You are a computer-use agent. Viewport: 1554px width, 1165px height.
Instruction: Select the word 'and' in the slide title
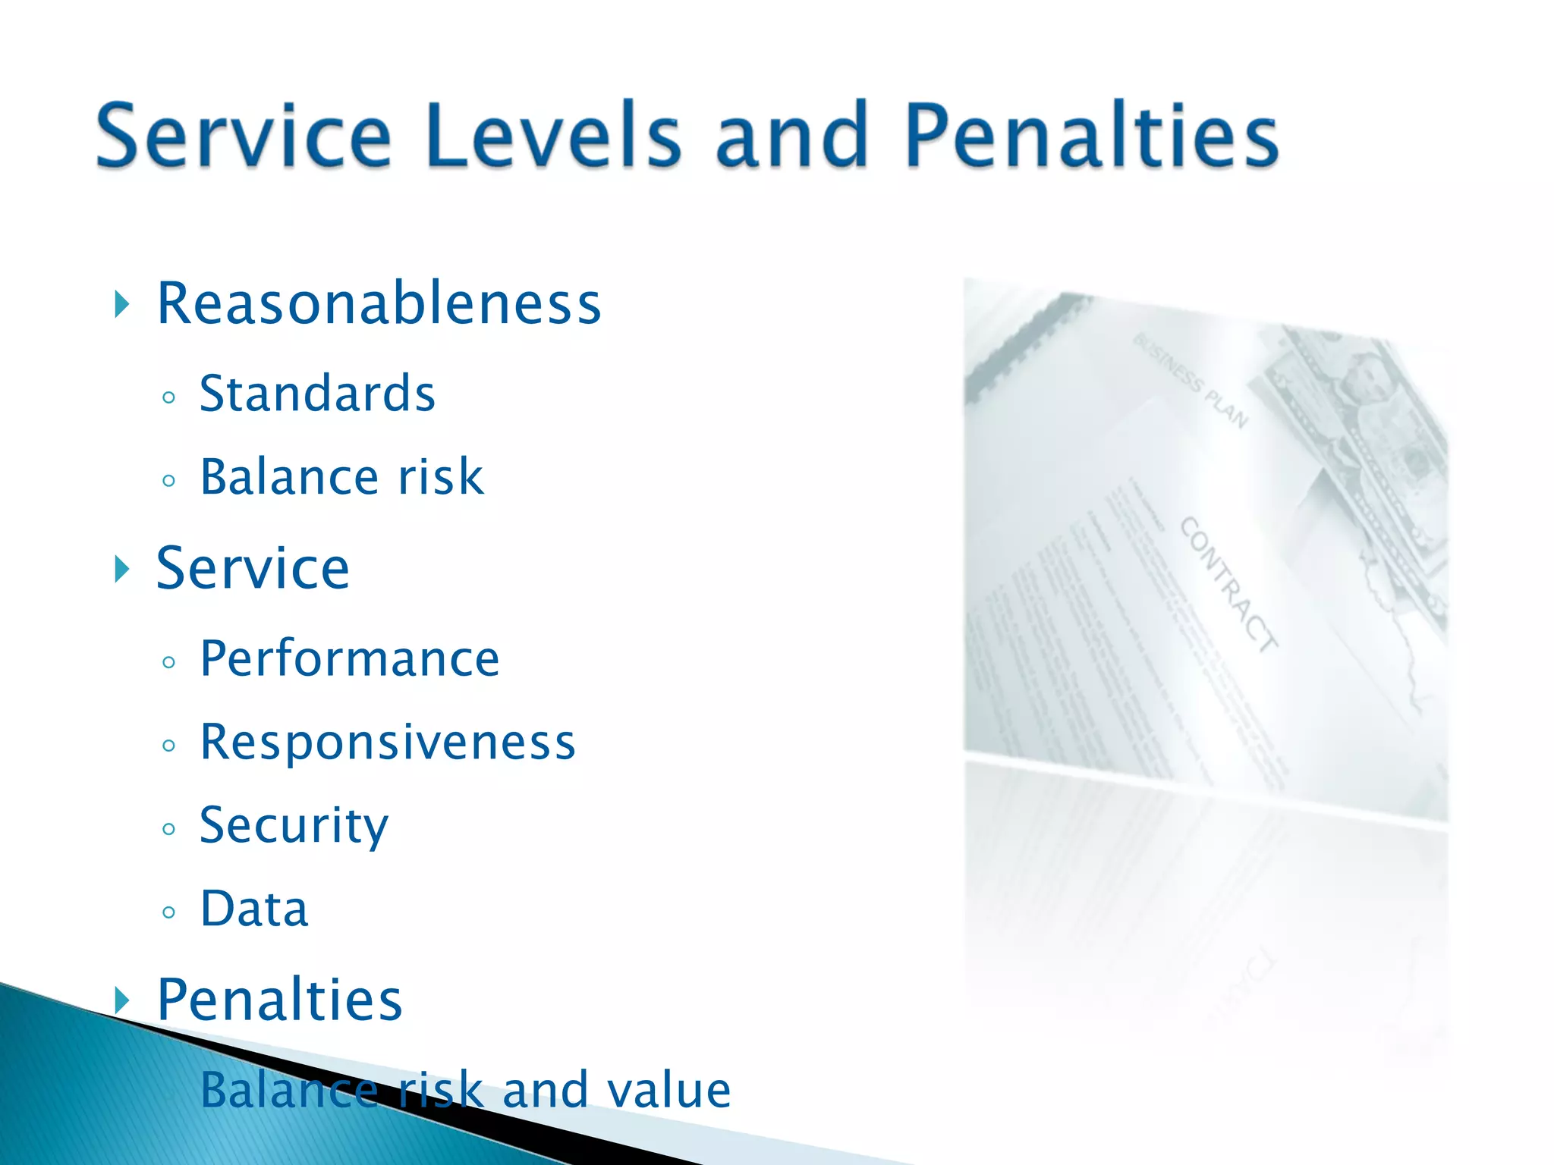(x=791, y=137)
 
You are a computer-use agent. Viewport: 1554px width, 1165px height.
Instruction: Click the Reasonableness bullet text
(x=379, y=304)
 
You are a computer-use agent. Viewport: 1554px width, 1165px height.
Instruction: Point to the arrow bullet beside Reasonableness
(x=121, y=305)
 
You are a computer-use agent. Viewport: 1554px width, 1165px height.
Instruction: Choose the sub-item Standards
(x=317, y=394)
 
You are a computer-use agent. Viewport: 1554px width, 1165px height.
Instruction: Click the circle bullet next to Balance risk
(x=168, y=480)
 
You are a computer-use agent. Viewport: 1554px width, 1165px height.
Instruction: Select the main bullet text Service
(x=253, y=568)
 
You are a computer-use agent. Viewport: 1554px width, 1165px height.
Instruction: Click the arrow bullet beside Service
(x=121, y=568)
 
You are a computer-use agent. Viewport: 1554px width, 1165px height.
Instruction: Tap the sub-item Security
(x=294, y=827)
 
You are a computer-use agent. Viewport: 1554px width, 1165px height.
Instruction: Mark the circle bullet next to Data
(x=168, y=912)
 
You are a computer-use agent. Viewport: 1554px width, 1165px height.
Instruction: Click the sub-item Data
(x=254, y=909)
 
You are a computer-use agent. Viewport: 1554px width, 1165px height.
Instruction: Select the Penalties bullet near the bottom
(x=278, y=1000)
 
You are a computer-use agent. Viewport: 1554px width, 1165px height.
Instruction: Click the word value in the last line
(x=668, y=1090)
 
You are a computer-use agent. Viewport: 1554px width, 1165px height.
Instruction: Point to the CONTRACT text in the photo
(x=1228, y=584)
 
